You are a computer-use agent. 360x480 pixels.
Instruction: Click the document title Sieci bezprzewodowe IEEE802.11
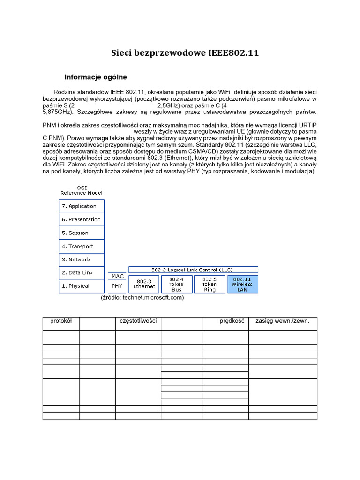[x=185, y=53]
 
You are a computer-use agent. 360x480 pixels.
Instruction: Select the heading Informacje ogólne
[x=96, y=77]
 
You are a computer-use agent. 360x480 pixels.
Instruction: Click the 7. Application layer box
[x=82, y=206]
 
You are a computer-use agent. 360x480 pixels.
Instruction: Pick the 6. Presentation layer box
[x=82, y=219]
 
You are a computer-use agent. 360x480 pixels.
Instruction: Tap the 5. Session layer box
[x=82, y=233]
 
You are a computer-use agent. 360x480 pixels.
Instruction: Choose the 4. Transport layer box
[x=82, y=246]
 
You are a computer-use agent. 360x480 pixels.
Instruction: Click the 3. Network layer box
[x=82, y=259]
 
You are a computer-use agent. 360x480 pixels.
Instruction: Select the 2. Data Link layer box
[x=82, y=273]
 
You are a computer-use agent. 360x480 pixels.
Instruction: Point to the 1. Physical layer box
[x=82, y=286]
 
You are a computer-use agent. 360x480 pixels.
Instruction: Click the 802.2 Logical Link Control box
[x=193, y=270]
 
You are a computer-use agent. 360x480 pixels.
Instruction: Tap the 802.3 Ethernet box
[x=144, y=284]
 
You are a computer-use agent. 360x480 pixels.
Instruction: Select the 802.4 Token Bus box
[x=176, y=284]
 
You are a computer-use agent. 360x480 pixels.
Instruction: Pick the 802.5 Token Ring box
[x=209, y=284]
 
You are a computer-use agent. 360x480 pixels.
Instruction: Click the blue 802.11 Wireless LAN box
[x=242, y=284]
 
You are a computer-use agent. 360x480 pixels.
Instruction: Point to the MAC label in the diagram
[x=118, y=276]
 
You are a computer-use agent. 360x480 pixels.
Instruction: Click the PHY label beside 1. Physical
[x=118, y=285]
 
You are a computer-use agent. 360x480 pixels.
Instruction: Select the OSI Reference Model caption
[x=82, y=190]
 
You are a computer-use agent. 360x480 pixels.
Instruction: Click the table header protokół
[x=61, y=321]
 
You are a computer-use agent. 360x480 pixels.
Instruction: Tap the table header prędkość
[x=232, y=321]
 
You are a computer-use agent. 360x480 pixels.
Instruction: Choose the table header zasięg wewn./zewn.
[x=283, y=321]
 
